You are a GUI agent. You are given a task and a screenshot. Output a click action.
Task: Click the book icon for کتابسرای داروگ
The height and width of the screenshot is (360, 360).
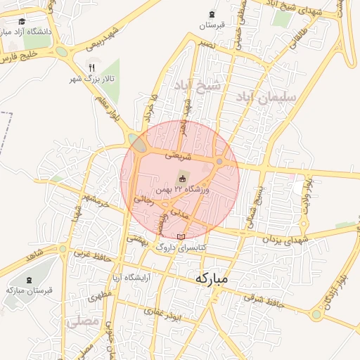point(182,237)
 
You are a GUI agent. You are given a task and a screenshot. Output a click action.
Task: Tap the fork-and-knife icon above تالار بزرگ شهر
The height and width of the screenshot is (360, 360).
point(91,67)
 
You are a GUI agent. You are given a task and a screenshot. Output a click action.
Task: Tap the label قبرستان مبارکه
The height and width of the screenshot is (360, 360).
point(25,290)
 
